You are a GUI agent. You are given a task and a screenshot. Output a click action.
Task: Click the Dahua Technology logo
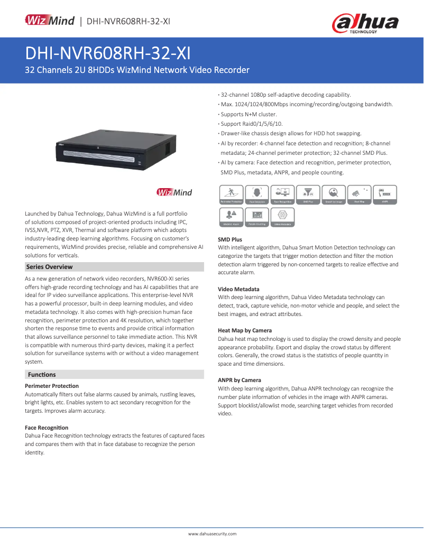tap(365, 23)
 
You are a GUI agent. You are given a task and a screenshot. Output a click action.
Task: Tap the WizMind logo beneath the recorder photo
tap(174, 192)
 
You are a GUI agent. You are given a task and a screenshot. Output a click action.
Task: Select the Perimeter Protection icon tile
tap(231, 194)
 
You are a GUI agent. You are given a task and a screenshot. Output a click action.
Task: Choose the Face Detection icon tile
tap(256, 194)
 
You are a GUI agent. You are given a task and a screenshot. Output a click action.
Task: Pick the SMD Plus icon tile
tap(308, 194)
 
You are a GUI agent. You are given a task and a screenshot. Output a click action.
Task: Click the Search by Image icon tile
tap(334, 194)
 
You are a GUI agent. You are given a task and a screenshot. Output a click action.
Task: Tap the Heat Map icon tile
tap(359, 194)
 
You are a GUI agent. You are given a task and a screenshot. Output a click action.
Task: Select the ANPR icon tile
tap(385, 194)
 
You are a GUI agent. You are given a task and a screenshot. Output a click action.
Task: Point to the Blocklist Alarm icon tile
tap(231, 217)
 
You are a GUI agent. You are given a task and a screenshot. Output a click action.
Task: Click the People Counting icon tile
tap(256, 217)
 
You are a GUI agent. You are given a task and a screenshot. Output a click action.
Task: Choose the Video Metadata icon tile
tap(282, 217)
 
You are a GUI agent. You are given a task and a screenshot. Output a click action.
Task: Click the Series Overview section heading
tap(50, 267)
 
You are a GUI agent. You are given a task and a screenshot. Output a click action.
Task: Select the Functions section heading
tap(42, 375)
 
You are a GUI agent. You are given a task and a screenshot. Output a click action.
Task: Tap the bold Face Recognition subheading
tap(47, 428)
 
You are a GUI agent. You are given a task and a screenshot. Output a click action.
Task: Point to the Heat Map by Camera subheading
tap(245, 330)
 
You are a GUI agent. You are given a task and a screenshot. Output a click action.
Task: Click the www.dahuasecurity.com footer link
tap(213, 534)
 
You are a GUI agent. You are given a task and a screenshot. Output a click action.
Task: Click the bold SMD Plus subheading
tap(230, 239)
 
